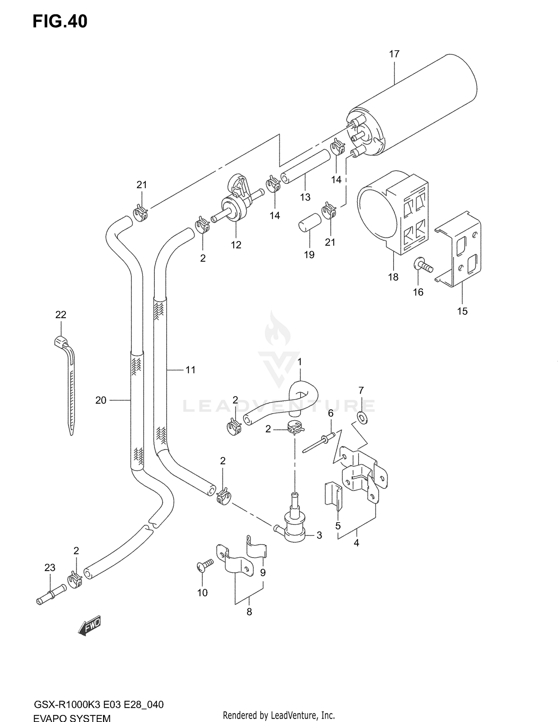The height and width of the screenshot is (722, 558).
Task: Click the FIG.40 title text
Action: click(60, 22)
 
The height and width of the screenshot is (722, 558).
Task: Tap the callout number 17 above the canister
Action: click(394, 54)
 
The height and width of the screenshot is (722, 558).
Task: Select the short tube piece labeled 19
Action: click(309, 222)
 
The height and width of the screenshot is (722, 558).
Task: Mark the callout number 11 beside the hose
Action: click(190, 370)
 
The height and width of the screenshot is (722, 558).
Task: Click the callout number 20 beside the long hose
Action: click(101, 400)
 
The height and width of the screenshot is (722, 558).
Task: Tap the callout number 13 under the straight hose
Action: click(305, 197)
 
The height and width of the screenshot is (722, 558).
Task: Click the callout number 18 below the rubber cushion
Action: click(393, 277)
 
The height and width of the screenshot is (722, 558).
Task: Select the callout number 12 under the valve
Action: click(236, 245)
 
